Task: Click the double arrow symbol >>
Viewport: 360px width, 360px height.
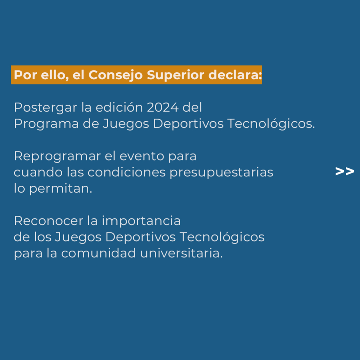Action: [344, 171]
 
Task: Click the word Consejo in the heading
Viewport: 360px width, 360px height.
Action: [116, 75]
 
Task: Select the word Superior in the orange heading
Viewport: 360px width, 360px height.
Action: [176, 75]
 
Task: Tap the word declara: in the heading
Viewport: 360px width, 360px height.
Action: [235, 75]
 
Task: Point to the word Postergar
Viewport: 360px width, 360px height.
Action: [46, 108]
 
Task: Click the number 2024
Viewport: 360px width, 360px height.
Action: [163, 107]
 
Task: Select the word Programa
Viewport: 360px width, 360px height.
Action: [46, 124]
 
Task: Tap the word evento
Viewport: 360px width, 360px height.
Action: [142, 156]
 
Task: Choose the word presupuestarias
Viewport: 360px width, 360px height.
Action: [221, 173]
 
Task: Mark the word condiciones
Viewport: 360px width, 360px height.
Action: [127, 172]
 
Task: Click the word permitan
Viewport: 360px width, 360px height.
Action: [61, 189]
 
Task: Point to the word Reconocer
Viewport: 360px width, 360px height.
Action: [48, 221]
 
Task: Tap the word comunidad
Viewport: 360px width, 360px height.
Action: [99, 253]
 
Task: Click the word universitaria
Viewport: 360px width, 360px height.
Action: [181, 253]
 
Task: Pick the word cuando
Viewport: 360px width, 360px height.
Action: [38, 172]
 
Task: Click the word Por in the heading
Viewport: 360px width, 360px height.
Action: [25, 75]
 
